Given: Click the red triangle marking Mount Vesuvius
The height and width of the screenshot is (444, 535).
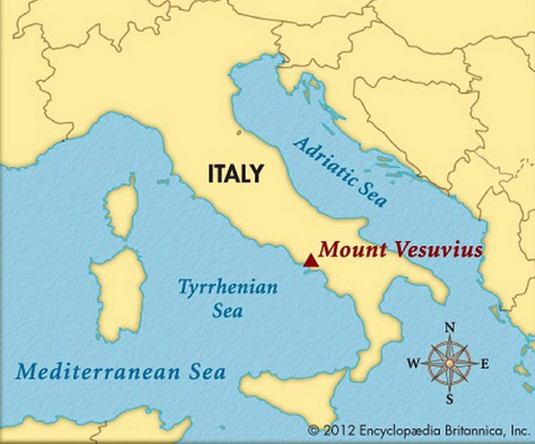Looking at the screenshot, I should [x=311, y=261].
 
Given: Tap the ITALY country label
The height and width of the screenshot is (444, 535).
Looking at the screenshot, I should [x=235, y=173].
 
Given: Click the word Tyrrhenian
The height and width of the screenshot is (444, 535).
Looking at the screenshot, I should [x=228, y=287].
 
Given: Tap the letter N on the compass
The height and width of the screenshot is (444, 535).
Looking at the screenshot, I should [x=450, y=327].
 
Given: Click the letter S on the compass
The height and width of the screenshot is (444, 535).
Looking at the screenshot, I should [x=449, y=399].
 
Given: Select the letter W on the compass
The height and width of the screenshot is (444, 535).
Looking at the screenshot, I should [x=414, y=363].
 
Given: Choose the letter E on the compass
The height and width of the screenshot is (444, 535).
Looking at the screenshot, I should [x=484, y=364].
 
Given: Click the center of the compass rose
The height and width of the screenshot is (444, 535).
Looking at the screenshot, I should [x=449, y=363].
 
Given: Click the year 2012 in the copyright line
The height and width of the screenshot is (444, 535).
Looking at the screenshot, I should [x=338, y=431].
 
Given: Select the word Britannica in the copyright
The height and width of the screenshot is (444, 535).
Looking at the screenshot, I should [x=472, y=431].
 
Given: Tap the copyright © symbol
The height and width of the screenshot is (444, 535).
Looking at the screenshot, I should [x=313, y=431].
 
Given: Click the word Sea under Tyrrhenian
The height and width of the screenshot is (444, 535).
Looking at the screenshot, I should [x=228, y=311].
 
